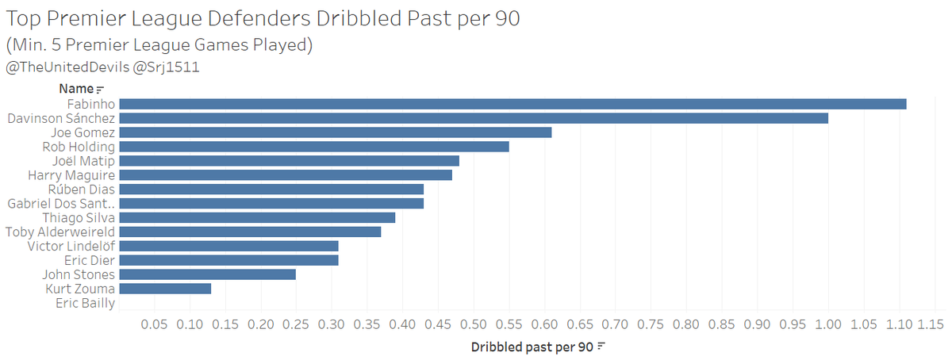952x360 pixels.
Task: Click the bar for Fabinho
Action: pos(512,104)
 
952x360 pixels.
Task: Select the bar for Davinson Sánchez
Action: pos(473,118)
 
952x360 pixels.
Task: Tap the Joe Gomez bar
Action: pos(335,132)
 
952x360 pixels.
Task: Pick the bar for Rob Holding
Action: pos(313,147)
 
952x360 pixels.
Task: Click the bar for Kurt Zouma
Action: pos(165,289)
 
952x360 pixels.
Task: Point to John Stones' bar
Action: pos(207,274)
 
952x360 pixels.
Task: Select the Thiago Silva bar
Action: pos(257,217)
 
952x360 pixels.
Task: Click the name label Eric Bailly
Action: pos(85,303)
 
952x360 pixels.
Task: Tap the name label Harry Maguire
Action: pos(71,175)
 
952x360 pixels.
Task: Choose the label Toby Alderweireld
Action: pos(60,232)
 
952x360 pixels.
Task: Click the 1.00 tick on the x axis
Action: pos(828,325)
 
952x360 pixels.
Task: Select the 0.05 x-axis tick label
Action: pos(154,325)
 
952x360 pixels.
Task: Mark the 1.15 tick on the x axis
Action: pos(934,325)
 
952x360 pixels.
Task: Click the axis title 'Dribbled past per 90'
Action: pos(532,347)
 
